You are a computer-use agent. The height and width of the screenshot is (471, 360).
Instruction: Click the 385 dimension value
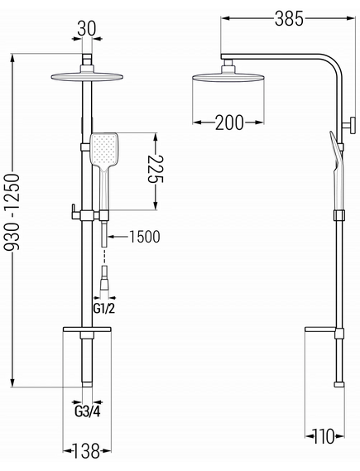[289, 18]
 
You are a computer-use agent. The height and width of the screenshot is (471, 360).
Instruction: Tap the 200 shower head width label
[229, 123]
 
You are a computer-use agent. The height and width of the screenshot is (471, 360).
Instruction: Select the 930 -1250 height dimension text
[13, 212]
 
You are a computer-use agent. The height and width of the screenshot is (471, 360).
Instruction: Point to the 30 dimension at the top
[87, 28]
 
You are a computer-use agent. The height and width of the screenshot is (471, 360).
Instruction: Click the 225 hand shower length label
[156, 169]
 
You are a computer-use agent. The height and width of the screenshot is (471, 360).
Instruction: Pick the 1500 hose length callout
[145, 237]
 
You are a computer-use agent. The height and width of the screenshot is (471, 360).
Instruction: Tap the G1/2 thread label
[104, 309]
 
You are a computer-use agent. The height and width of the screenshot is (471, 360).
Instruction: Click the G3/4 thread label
[87, 412]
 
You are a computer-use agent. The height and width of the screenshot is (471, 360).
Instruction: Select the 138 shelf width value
[86, 451]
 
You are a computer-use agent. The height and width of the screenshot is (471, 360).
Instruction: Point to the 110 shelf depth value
[324, 436]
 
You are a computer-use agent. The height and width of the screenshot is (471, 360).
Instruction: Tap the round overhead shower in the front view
[87, 77]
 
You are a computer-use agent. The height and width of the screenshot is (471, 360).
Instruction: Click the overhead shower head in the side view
[228, 77]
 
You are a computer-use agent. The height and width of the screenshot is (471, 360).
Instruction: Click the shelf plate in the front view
[87, 329]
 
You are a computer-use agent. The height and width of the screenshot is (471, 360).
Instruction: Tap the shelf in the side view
[320, 329]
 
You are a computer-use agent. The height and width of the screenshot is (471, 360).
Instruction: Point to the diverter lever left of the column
[76, 212]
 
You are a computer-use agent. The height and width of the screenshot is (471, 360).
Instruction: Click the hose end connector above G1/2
[104, 278]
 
